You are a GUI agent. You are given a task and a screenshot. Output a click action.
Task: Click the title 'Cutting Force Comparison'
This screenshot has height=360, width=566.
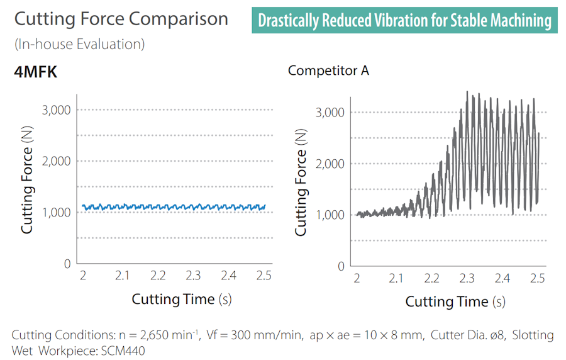tap(121, 19)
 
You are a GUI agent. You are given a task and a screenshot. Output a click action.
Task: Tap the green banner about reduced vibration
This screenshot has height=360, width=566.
tap(405, 21)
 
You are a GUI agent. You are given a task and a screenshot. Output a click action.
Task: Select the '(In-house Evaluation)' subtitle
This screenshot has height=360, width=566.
tap(79, 45)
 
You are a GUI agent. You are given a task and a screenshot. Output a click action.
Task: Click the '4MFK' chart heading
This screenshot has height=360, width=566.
tap(36, 72)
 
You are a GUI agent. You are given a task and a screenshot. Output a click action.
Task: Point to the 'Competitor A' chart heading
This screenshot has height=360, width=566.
tap(328, 70)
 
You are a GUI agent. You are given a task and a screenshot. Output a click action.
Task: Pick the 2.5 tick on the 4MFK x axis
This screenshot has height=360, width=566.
tap(264, 276)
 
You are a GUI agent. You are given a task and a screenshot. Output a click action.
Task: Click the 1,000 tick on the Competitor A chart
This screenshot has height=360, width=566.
tap(330, 215)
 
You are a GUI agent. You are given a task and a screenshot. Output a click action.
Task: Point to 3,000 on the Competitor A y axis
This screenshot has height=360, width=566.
tap(330, 113)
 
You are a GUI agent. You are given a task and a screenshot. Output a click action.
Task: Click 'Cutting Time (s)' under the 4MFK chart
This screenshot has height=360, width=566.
tap(182, 299)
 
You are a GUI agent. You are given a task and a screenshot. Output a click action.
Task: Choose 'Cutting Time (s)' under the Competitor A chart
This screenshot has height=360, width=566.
tap(455, 301)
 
